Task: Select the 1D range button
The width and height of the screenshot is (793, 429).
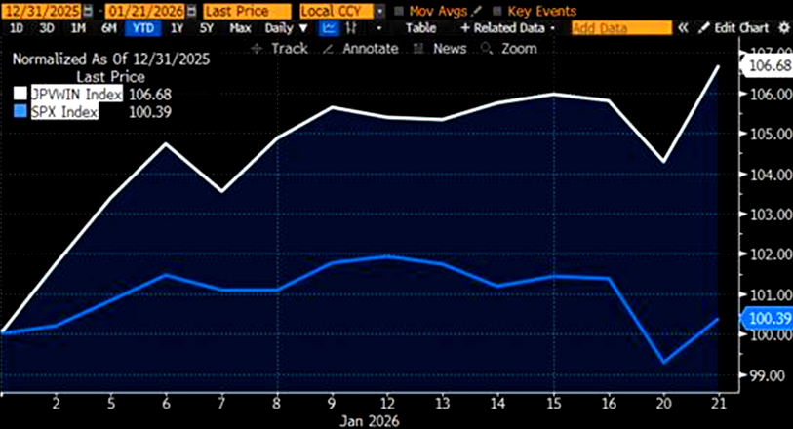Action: click(17, 28)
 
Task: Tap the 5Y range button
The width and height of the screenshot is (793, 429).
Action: click(207, 28)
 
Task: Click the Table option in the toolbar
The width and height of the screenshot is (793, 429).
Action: click(420, 28)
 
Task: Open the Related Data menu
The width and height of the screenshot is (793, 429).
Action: click(508, 28)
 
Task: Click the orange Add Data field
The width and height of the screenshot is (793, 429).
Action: click(621, 28)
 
